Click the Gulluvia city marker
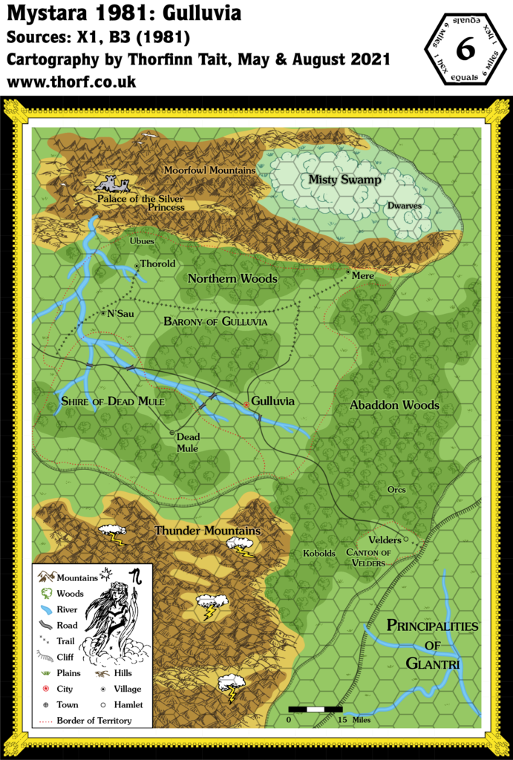tap(246, 404)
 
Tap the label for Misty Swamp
tap(345, 180)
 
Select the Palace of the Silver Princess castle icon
tap(112, 183)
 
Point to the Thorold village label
tap(157, 263)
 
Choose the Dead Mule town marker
tap(171, 432)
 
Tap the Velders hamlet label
tap(384, 540)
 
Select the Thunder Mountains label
tap(207, 531)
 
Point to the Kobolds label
tap(319, 554)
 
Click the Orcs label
tap(397, 490)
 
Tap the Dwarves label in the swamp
tap(404, 207)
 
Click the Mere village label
tap(363, 275)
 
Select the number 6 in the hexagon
tap(465, 48)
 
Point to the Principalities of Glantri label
tap(433, 644)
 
